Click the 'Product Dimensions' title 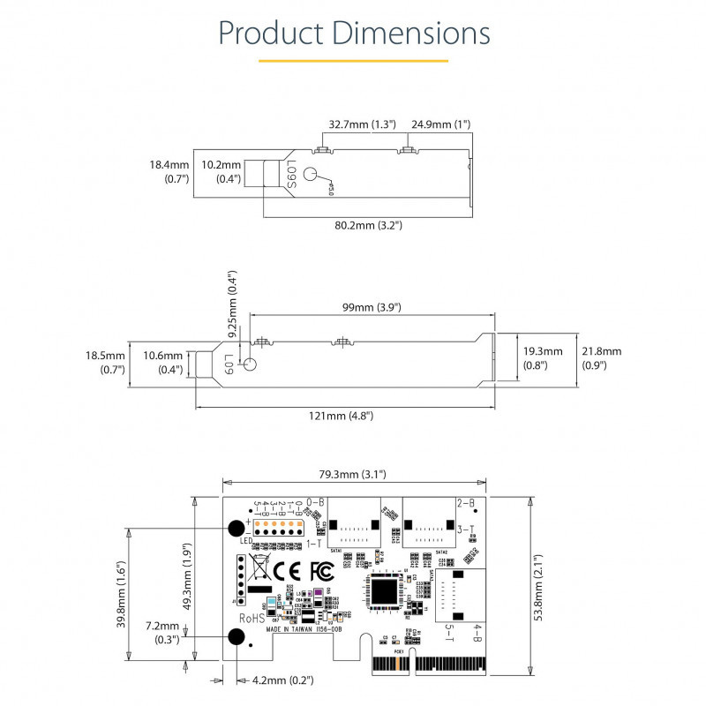[x=353, y=33]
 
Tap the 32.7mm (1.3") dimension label [x=362, y=124]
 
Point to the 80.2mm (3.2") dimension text [x=369, y=225]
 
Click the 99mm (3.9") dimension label [x=372, y=307]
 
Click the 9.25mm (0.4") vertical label [x=233, y=304]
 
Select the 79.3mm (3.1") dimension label [x=350, y=474]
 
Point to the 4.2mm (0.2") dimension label [x=282, y=680]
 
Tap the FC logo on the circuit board [x=322, y=569]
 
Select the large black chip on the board [x=385, y=589]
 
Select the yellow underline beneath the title [x=353, y=61]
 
